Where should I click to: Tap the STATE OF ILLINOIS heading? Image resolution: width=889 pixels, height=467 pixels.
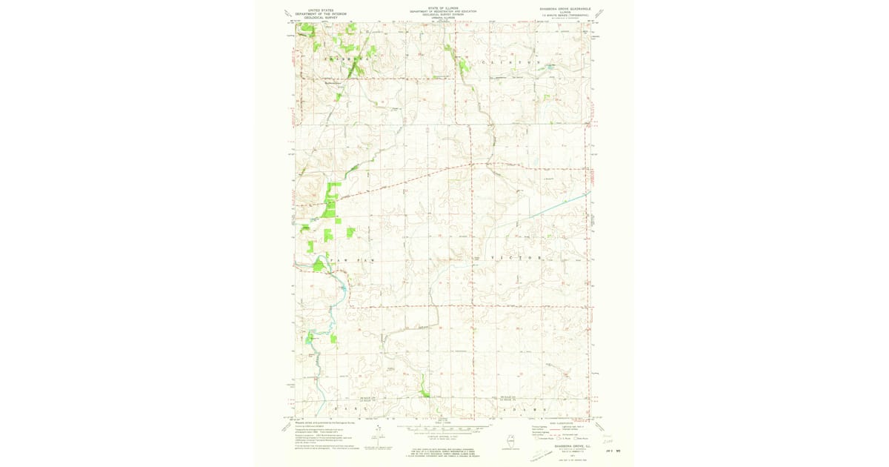[443, 8]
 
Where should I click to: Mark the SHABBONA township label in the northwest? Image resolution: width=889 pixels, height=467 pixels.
[344, 57]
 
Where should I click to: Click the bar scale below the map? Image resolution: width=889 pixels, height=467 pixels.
[443, 428]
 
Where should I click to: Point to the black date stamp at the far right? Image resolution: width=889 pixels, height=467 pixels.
[613, 450]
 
